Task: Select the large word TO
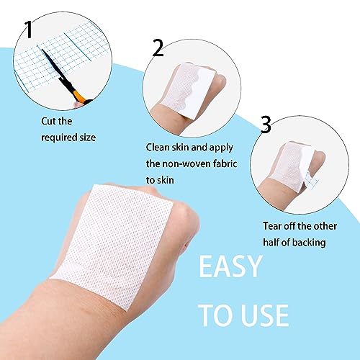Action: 214,315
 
